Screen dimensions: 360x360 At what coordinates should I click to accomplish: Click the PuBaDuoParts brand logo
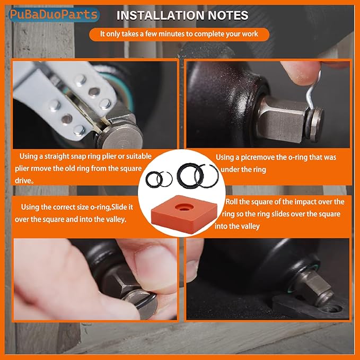click(x=54, y=15)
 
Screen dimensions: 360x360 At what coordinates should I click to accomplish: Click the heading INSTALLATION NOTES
click(x=182, y=15)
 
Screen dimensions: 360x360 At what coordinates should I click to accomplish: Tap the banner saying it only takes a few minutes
click(x=179, y=34)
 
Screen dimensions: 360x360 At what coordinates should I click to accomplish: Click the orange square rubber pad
click(x=184, y=214)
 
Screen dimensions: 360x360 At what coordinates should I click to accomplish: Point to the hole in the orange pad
click(x=184, y=207)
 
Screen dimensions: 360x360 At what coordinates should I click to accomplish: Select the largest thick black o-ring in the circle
click(x=188, y=175)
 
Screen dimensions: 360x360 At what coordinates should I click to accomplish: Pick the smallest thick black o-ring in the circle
click(x=153, y=179)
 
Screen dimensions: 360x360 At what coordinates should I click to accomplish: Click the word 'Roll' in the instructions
click(x=231, y=202)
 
